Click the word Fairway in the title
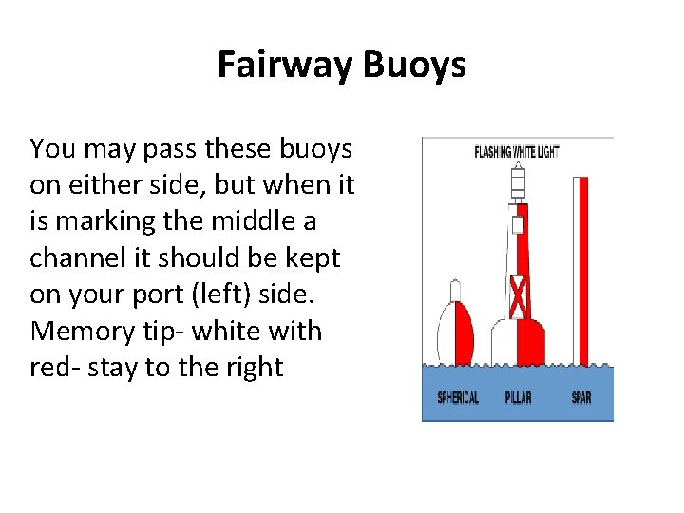tap(286, 66)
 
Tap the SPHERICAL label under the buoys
tap(457, 398)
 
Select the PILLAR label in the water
tap(518, 398)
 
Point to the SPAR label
tap(581, 398)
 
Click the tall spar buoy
tap(583, 266)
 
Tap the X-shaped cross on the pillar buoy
tap(518, 296)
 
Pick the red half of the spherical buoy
tap(465, 332)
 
